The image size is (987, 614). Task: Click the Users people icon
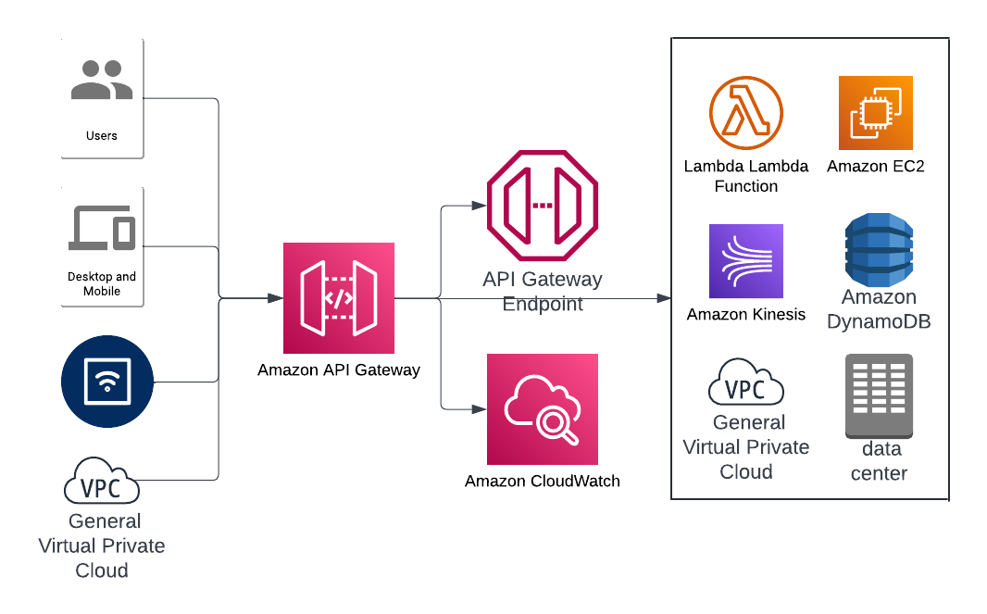102,81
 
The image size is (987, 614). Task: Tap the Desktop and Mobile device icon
102,227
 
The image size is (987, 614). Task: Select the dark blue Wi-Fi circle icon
106,381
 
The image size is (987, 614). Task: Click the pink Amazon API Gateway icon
339,298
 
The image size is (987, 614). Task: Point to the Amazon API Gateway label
339,370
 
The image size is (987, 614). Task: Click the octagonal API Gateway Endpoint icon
543,206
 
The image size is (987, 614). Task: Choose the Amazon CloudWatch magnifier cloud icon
543,409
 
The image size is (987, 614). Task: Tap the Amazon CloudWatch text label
543,481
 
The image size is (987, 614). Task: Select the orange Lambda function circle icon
746,113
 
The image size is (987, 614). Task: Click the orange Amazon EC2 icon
876,113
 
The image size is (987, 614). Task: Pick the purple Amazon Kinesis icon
746,261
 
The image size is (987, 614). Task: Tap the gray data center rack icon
879,396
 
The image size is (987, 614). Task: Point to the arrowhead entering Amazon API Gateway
276,298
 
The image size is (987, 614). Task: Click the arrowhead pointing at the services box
664,298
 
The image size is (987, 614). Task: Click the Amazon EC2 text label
876,167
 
